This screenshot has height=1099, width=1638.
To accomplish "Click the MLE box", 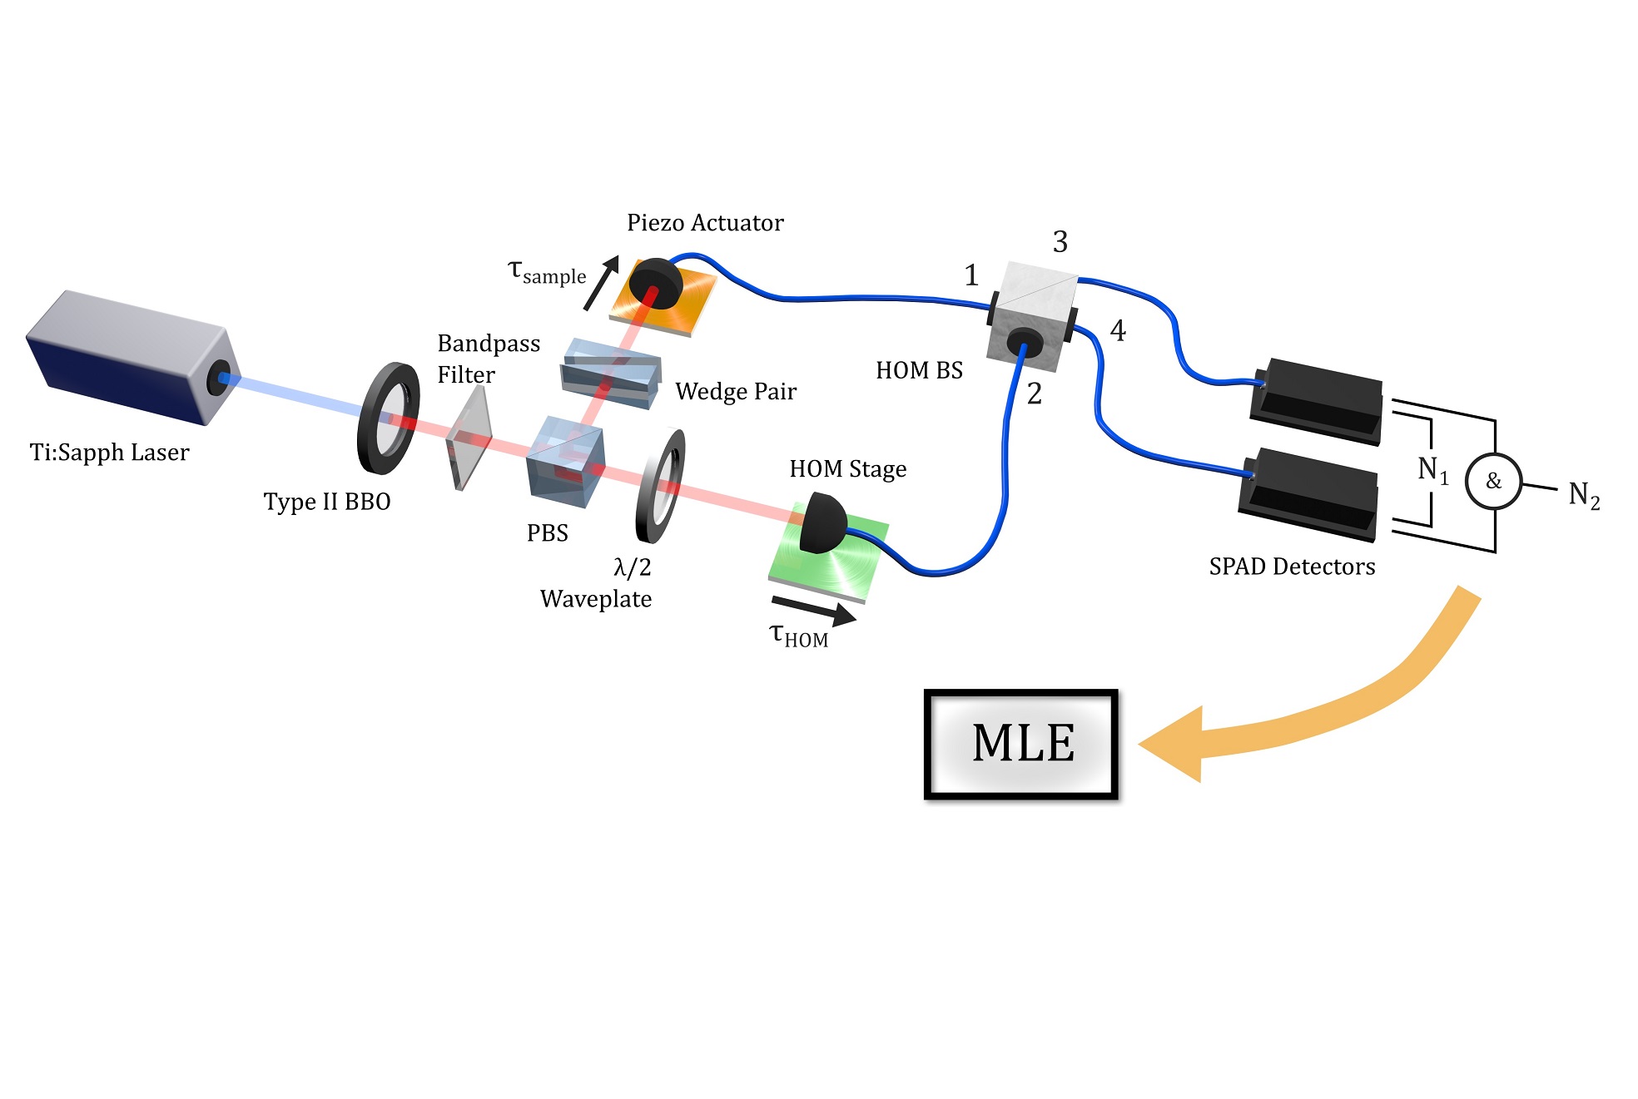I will click(x=1020, y=743).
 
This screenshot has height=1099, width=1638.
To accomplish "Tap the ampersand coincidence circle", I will click(x=1493, y=481).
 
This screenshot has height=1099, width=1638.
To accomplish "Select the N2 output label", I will click(x=1583, y=495).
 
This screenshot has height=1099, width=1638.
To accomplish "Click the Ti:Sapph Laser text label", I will click(x=109, y=453).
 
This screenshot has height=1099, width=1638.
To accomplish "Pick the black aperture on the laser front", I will click(x=220, y=379).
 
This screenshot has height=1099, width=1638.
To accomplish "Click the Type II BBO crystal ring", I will click(x=388, y=418).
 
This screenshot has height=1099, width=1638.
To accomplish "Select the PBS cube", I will click(x=565, y=461).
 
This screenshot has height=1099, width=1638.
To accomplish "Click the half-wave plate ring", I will click(x=661, y=486).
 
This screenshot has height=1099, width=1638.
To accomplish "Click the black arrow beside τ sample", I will click(x=601, y=282).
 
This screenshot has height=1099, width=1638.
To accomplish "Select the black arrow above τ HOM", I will click(x=813, y=610).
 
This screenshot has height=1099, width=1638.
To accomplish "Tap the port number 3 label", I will click(x=1060, y=242).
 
